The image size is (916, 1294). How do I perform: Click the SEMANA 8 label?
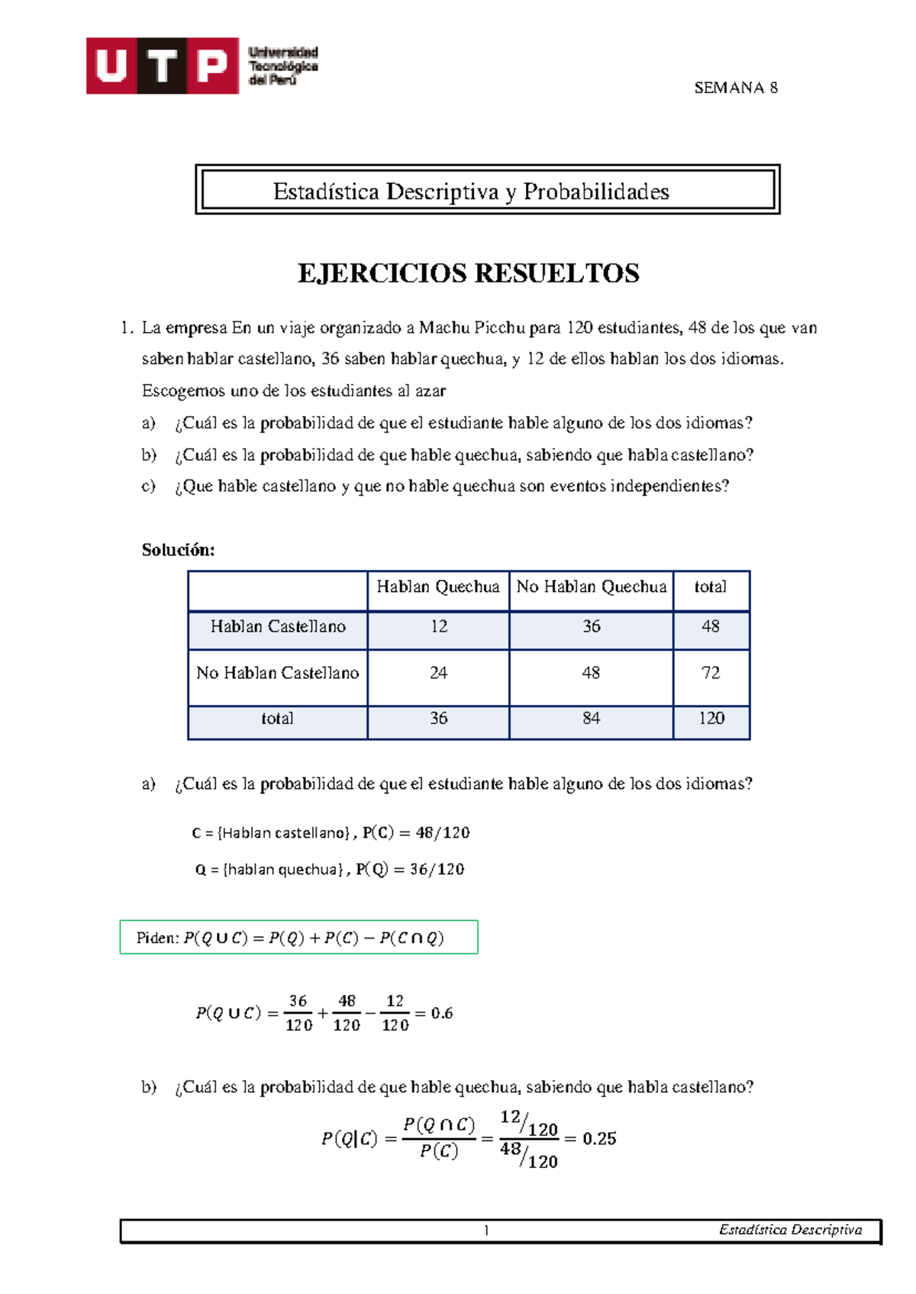[x=735, y=88]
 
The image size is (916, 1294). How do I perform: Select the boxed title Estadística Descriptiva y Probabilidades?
[x=471, y=192]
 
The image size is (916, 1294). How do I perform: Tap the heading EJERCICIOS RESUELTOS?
[x=468, y=273]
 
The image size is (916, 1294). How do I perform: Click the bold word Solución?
[x=178, y=550]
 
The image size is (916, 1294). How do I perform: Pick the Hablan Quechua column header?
[x=437, y=587]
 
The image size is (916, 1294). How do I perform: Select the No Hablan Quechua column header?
[x=591, y=587]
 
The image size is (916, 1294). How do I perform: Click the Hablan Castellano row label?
[x=278, y=626]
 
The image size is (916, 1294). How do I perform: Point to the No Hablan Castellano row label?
[x=277, y=673]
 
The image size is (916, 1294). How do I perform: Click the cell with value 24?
[x=438, y=673]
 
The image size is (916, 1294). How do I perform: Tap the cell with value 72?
[x=711, y=673]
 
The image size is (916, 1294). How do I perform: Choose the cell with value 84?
[x=591, y=718]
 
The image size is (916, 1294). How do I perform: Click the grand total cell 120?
[x=711, y=718]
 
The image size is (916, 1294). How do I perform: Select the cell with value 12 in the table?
[x=438, y=626]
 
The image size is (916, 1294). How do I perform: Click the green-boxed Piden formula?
[x=298, y=938]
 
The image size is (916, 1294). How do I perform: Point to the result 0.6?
[x=442, y=1013]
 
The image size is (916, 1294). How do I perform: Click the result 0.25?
[x=599, y=1138]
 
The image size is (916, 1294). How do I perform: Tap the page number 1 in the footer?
[x=486, y=1230]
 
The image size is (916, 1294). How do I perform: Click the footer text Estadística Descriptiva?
[x=790, y=1230]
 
